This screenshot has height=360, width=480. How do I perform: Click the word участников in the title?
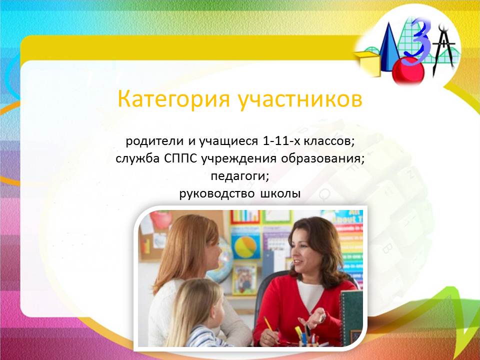300,99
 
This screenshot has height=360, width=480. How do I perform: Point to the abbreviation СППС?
180,158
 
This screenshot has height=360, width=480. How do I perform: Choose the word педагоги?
240,176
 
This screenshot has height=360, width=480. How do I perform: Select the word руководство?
216,194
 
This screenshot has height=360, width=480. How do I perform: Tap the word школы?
280,194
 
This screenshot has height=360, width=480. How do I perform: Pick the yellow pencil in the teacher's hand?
268,324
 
